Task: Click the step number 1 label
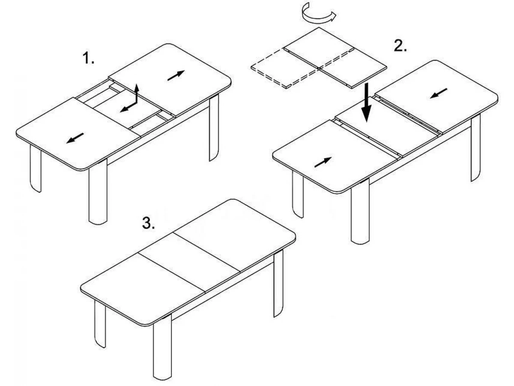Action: click(x=89, y=58)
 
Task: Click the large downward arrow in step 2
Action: click(x=367, y=103)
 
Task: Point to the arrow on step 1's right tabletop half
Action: click(x=176, y=75)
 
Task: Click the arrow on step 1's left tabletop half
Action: click(x=75, y=138)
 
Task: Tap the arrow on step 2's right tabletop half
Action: click(x=439, y=93)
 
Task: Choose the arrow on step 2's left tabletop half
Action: click(x=323, y=162)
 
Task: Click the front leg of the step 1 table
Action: click(x=98, y=192)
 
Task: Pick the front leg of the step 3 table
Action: click(x=162, y=347)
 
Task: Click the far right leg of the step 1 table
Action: click(x=214, y=128)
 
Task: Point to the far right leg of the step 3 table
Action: click(x=278, y=283)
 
